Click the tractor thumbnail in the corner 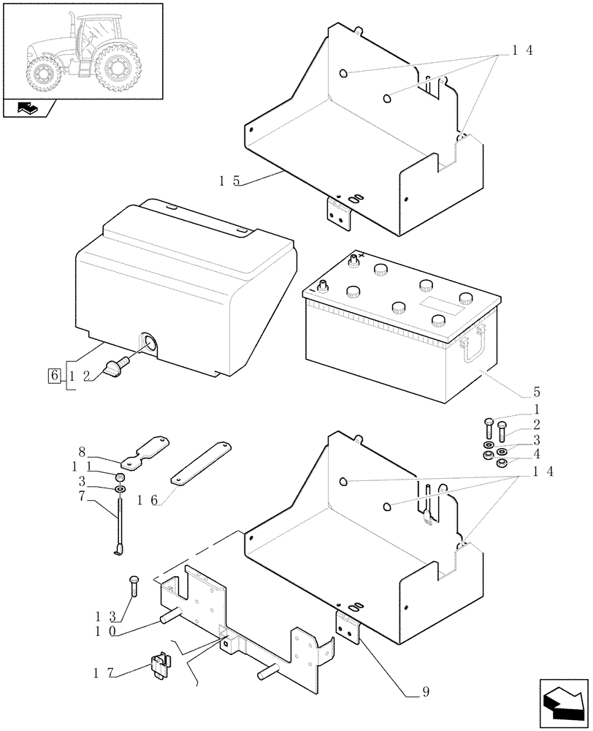pos(82,51)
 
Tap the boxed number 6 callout pos(54,376)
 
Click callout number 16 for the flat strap pos(147,500)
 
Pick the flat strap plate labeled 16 pos(201,461)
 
